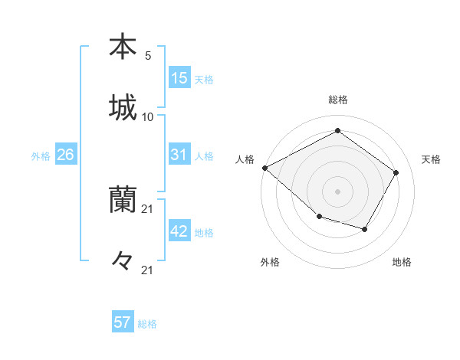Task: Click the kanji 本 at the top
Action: pos(123,47)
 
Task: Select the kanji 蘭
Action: pos(123,201)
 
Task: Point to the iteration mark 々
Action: pos(123,261)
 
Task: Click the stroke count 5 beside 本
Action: pos(148,56)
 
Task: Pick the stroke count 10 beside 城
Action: pos(148,117)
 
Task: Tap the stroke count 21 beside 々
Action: pos(148,270)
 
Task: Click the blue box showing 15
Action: pos(179,78)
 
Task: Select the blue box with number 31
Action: pos(179,155)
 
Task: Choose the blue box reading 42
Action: pos(179,231)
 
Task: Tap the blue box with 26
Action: pos(66,155)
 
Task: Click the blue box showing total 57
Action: pos(123,322)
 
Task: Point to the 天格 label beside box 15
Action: pos(204,79)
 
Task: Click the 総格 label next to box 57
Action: pos(147,324)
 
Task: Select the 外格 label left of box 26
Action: pos(41,156)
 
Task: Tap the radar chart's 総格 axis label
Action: pos(338,100)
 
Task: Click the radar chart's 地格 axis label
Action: pos(402,262)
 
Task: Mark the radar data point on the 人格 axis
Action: pos(264,168)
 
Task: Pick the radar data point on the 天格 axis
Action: pos(396,172)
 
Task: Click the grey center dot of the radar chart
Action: pos(337,191)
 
